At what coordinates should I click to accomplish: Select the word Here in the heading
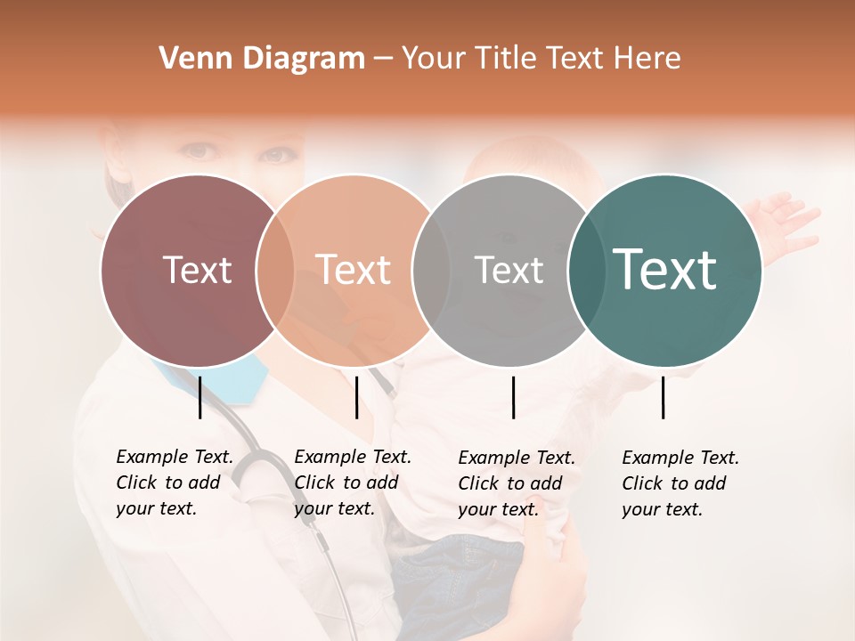649,59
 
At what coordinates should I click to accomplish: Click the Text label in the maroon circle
197,271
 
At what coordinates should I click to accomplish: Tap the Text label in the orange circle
354,271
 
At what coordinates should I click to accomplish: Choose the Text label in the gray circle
509,271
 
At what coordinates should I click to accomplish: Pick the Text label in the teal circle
665,271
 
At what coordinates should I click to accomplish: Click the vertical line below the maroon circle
199,397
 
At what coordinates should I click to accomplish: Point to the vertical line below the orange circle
356,397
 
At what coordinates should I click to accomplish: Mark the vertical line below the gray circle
513,397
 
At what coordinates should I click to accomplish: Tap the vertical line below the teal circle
664,397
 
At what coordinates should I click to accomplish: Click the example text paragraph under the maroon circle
175,483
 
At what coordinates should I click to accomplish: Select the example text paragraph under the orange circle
353,483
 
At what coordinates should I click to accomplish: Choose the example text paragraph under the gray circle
517,483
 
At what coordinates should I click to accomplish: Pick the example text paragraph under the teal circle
680,483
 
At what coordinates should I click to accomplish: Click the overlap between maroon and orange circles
275,271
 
